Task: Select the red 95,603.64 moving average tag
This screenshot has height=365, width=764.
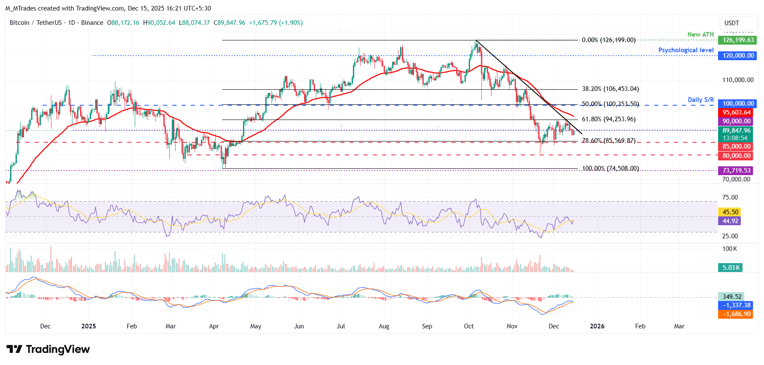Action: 737,112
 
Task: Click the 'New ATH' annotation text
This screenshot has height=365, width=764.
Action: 700,35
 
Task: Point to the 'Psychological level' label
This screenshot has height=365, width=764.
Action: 686,50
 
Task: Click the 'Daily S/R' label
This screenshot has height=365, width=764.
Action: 700,100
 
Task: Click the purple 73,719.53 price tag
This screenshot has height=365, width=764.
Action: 737,171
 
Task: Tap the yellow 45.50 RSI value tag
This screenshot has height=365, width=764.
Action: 730,212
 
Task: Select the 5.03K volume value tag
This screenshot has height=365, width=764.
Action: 730,268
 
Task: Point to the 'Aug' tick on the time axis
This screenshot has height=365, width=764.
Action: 384,326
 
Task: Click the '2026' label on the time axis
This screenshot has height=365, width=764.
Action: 597,326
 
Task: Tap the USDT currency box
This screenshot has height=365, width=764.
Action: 732,23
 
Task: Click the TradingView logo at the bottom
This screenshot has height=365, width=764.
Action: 48,349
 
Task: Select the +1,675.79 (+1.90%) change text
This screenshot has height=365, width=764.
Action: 276,23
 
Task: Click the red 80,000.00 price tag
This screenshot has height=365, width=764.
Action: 737,156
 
